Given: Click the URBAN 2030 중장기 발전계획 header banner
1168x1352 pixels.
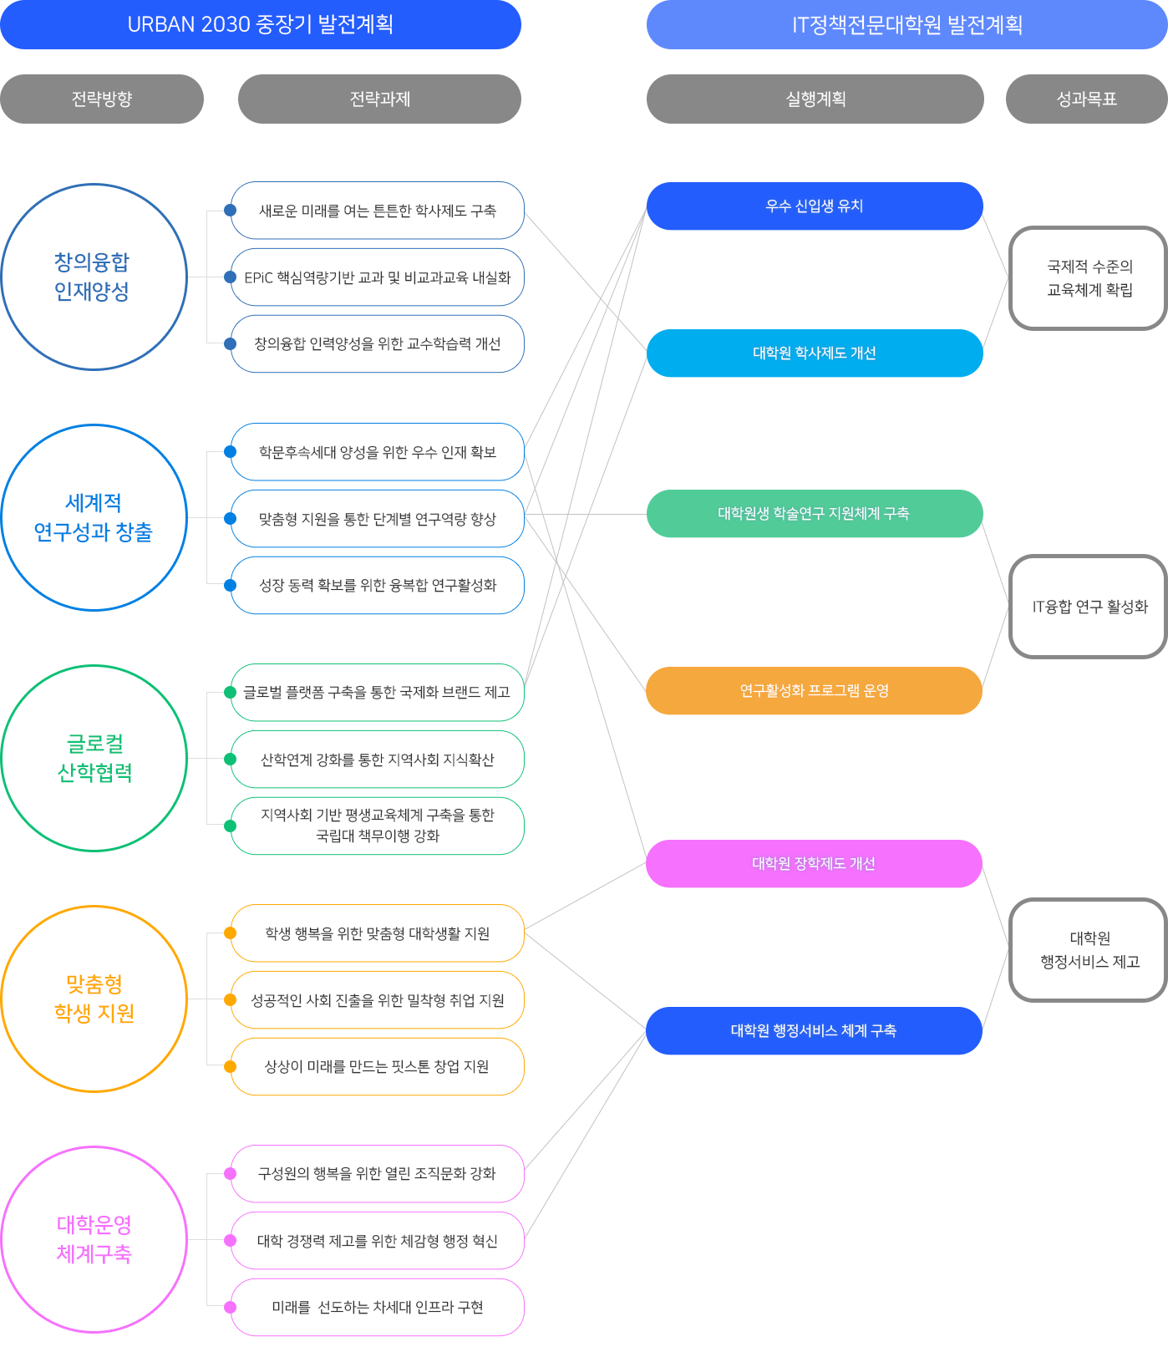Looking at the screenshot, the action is pyautogui.click(x=261, y=24).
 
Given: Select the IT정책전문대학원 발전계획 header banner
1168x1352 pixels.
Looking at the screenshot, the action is pyautogui.click(x=907, y=24).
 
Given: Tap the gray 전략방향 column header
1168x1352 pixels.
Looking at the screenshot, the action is pyautogui.click(x=102, y=99).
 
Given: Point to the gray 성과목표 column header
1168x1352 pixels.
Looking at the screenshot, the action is pyautogui.click(x=1087, y=99).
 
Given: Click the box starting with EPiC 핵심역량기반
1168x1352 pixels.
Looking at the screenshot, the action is pyautogui.click(x=378, y=277).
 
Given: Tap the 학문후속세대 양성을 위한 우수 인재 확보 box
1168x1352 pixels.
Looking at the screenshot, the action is pyautogui.click(x=378, y=452).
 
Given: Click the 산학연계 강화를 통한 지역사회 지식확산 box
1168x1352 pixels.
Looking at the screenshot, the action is pyautogui.click(x=378, y=760).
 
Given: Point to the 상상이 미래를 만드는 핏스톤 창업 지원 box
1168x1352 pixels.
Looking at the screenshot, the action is pyautogui.click(x=378, y=1066).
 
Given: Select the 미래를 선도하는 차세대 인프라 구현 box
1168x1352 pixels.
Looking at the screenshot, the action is pyautogui.click(x=378, y=1307).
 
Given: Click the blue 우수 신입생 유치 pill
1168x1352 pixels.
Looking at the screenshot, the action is pyautogui.click(x=815, y=206).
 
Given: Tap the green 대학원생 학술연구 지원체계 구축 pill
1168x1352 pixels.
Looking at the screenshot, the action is pyautogui.click(x=815, y=513).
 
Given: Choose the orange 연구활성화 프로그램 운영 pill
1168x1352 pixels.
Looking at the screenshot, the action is pyautogui.click(x=815, y=690).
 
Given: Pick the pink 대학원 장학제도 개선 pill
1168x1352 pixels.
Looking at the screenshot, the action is pyautogui.click(x=815, y=863).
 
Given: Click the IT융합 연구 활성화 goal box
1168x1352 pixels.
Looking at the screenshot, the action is pyautogui.click(x=1089, y=607).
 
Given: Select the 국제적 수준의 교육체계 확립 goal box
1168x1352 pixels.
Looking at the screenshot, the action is pyautogui.click(x=1089, y=278).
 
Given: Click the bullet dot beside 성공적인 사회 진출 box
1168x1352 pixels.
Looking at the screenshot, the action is pyautogui.click(x=230, y=1000).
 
